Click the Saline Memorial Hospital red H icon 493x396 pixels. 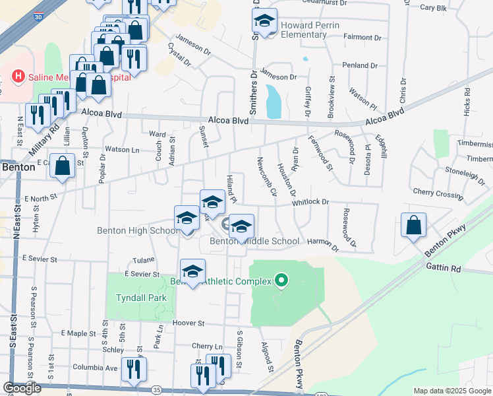(18, 77)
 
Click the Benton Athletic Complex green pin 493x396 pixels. (281, 281)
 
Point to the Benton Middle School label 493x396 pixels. (254, 242)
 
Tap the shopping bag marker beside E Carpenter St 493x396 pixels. (62, 167)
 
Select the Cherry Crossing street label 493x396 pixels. (438, 195)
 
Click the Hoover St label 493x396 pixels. (189, 323)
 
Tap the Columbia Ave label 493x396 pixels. (95, 368)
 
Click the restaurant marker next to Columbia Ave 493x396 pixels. (134, 370)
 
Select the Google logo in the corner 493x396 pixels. (22, 389)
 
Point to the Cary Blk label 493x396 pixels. (433, 8)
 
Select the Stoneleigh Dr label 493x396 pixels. (465, 174)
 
